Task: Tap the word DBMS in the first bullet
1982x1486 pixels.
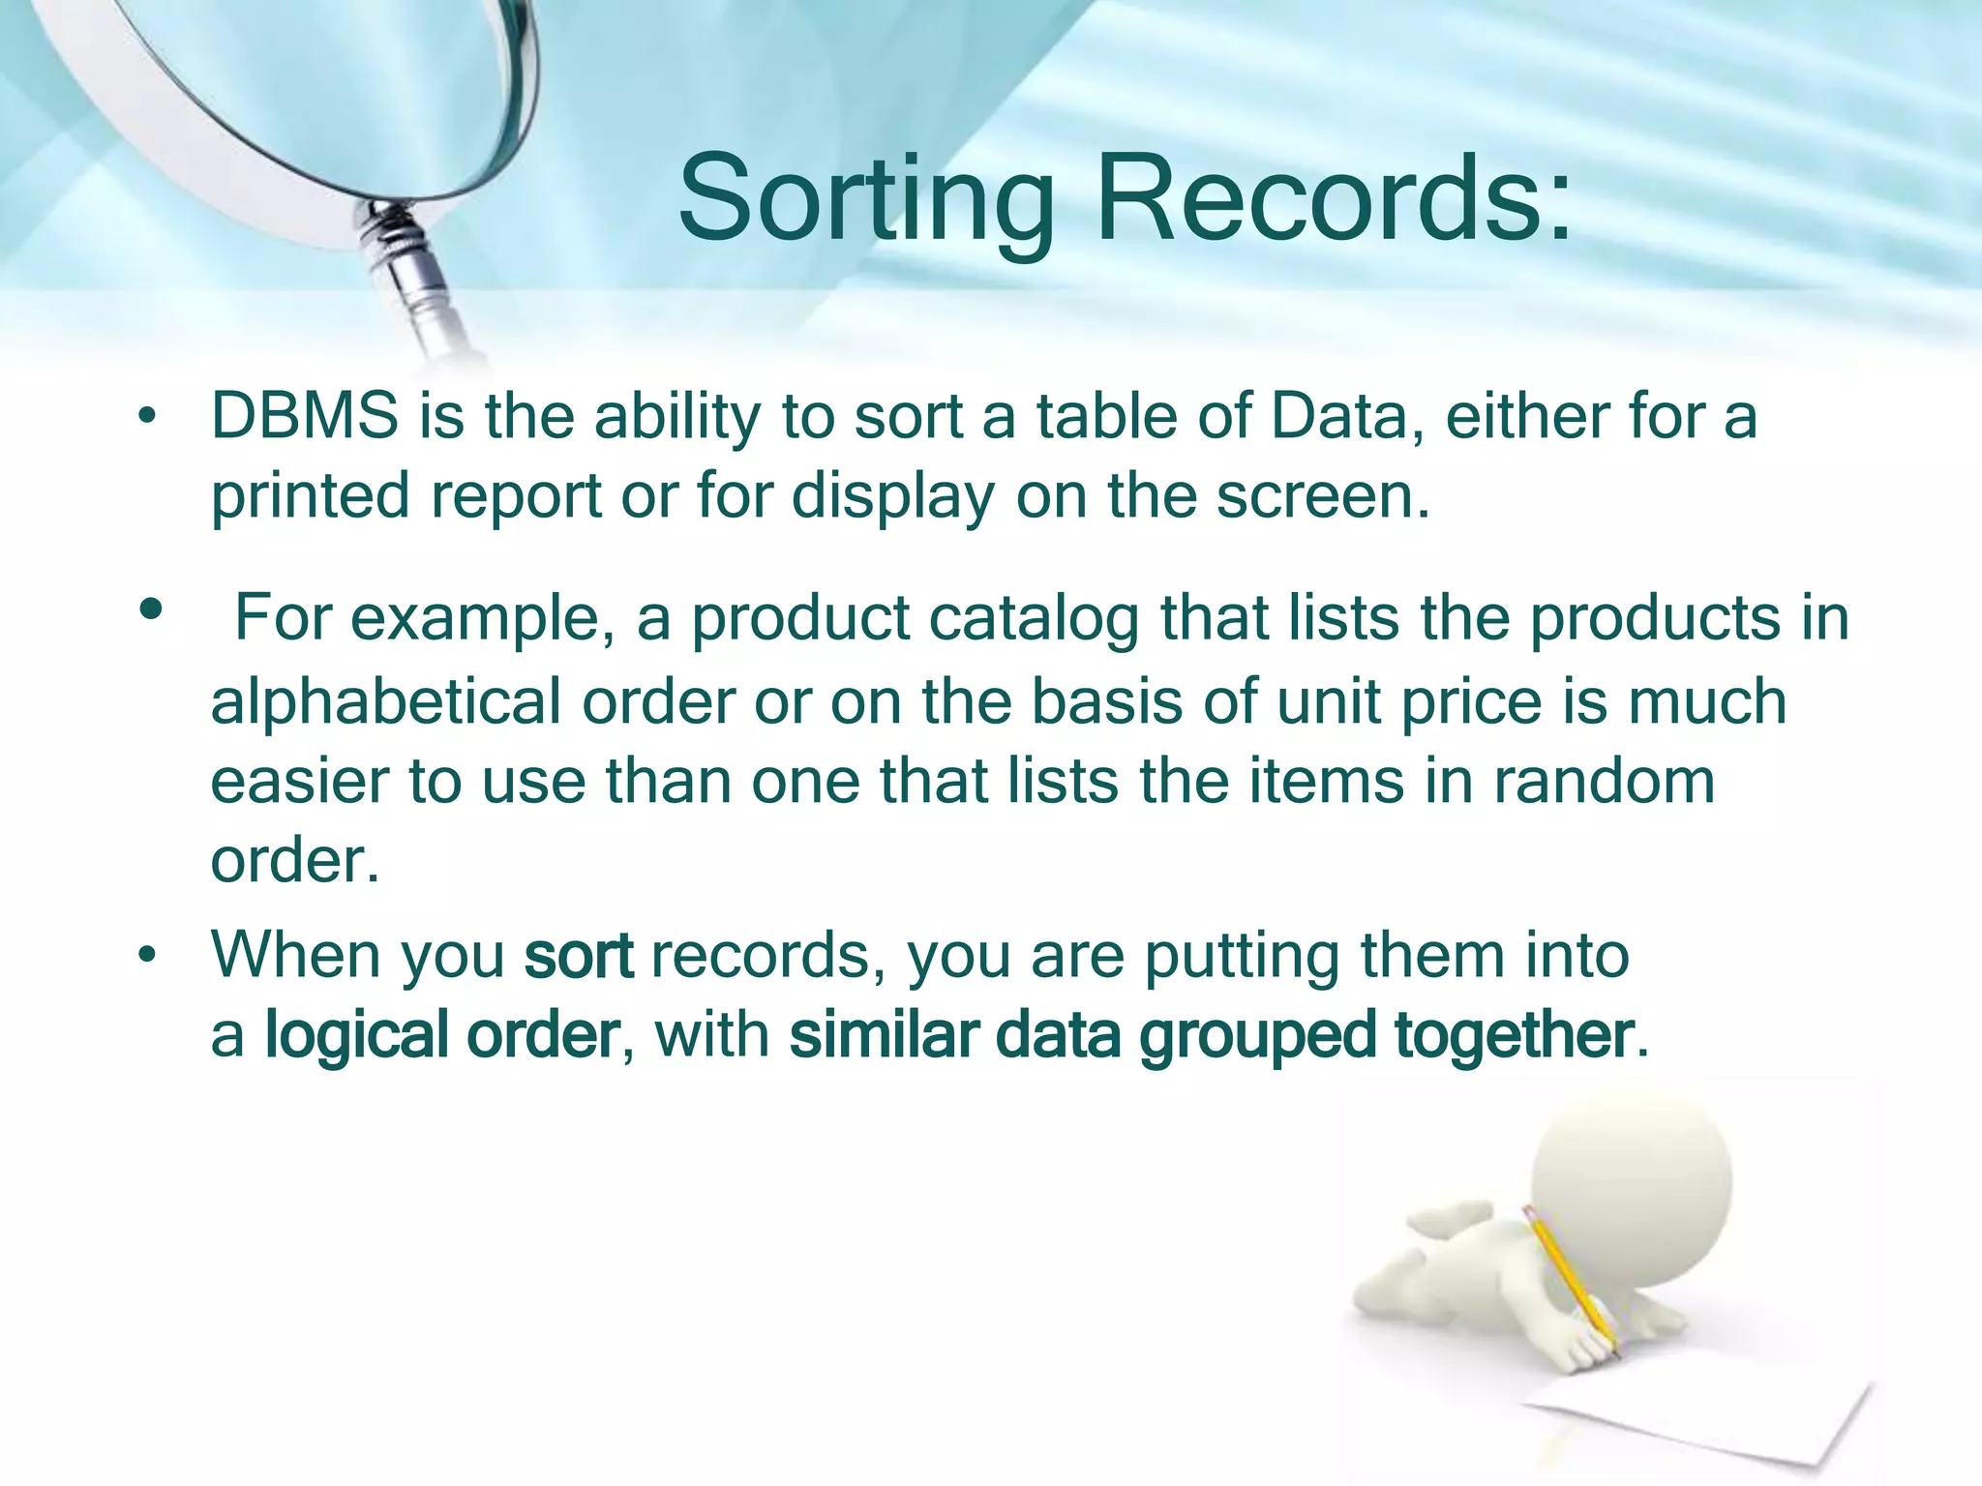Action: (x=304, y=416)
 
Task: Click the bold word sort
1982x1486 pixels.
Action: (x=579, y=956)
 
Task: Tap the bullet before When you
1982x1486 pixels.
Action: (x=146, y=956)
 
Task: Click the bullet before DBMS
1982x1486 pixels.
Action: (x=146, y=417)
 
